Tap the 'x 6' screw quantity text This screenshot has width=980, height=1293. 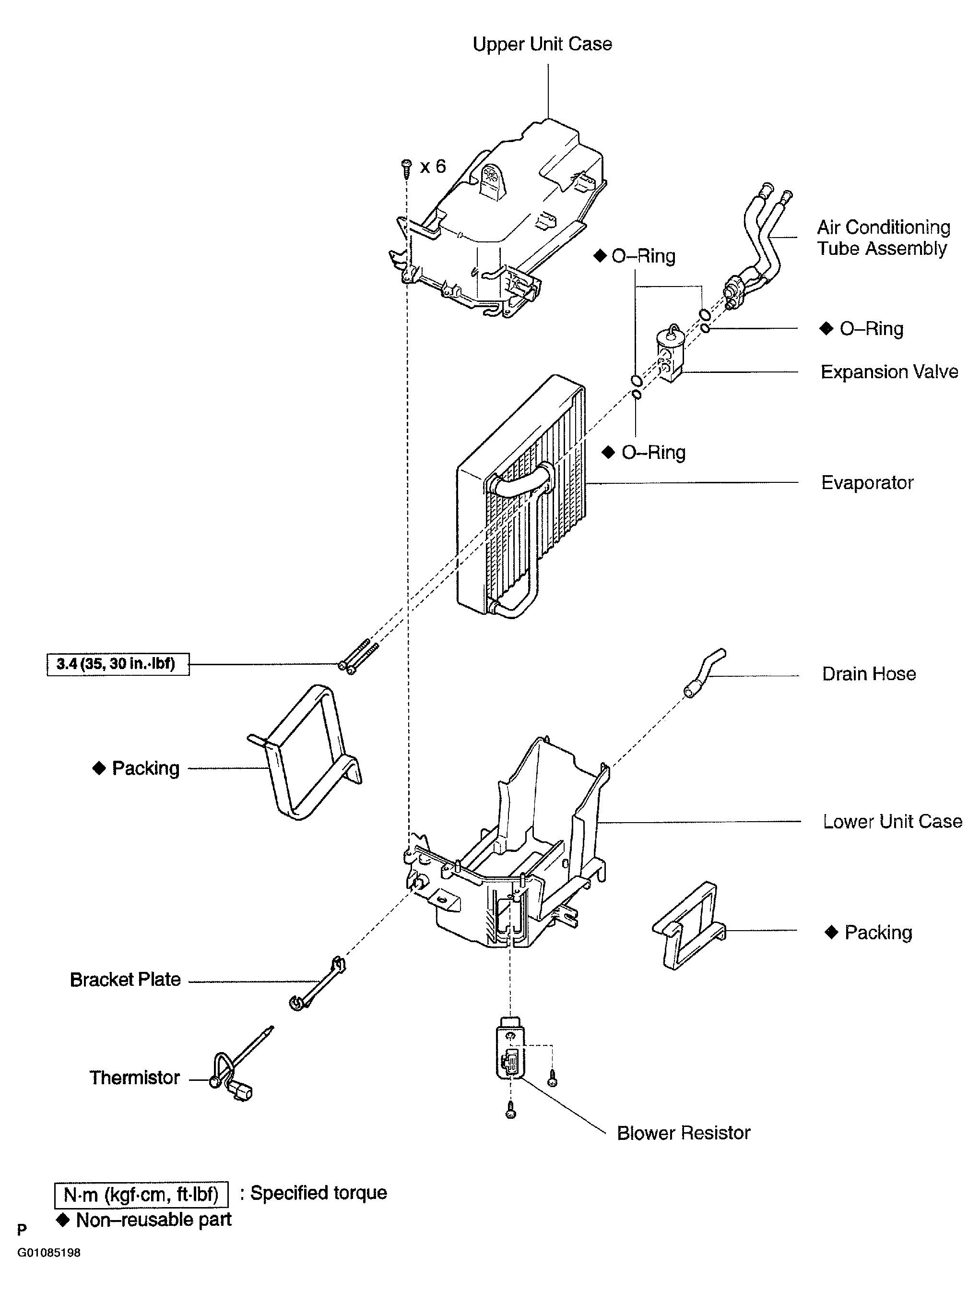pos(433,167)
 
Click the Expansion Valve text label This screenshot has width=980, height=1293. pos(889,372)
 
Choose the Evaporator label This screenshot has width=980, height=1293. pos(867,483)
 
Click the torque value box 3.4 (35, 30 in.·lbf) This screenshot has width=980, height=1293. pos(118,664)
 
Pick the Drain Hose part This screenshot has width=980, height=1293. pos(704,672)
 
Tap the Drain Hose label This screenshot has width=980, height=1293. pos(869,674)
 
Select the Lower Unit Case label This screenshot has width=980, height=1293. pos(892,822)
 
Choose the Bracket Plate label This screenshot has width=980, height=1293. pos(125,980)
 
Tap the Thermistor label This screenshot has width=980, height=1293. pos(134,1077)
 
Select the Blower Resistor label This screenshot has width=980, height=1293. pos(684,1133)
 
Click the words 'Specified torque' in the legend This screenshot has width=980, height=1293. pos(319,1193)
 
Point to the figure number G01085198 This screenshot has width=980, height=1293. pos(48,1253)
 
